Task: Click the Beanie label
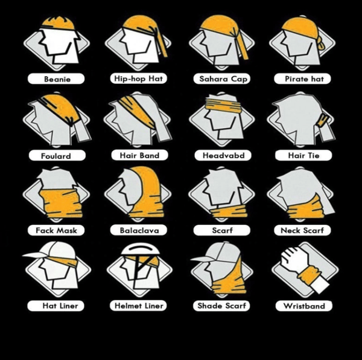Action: pos(56,79)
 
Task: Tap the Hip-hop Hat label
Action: pos(139,79)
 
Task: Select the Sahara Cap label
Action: pos(222,79)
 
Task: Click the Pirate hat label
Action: pos(302,79)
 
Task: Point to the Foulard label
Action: pos(57,156)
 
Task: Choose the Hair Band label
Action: pos(140,155)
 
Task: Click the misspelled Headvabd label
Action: pos(223,155)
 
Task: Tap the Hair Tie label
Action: pos(303,155)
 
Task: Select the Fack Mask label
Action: pos(56,230)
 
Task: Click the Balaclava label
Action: pos(139,230)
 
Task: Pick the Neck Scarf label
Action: pos(302,230)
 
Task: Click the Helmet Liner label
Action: pos(138,306)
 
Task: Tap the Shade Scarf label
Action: pos(221,306)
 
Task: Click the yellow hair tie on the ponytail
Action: pos(323,121)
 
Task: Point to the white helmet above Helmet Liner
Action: pos(140,249)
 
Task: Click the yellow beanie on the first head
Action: pos(58,23)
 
